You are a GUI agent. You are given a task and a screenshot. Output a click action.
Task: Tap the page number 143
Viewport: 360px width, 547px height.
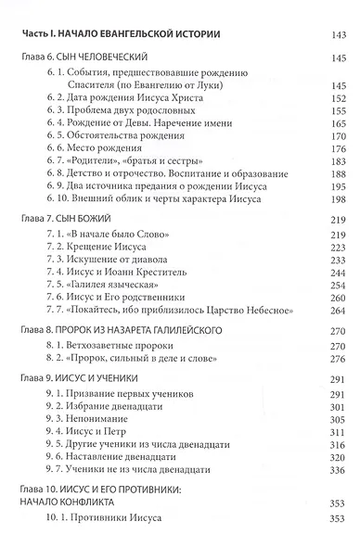[x=338, y=34]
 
